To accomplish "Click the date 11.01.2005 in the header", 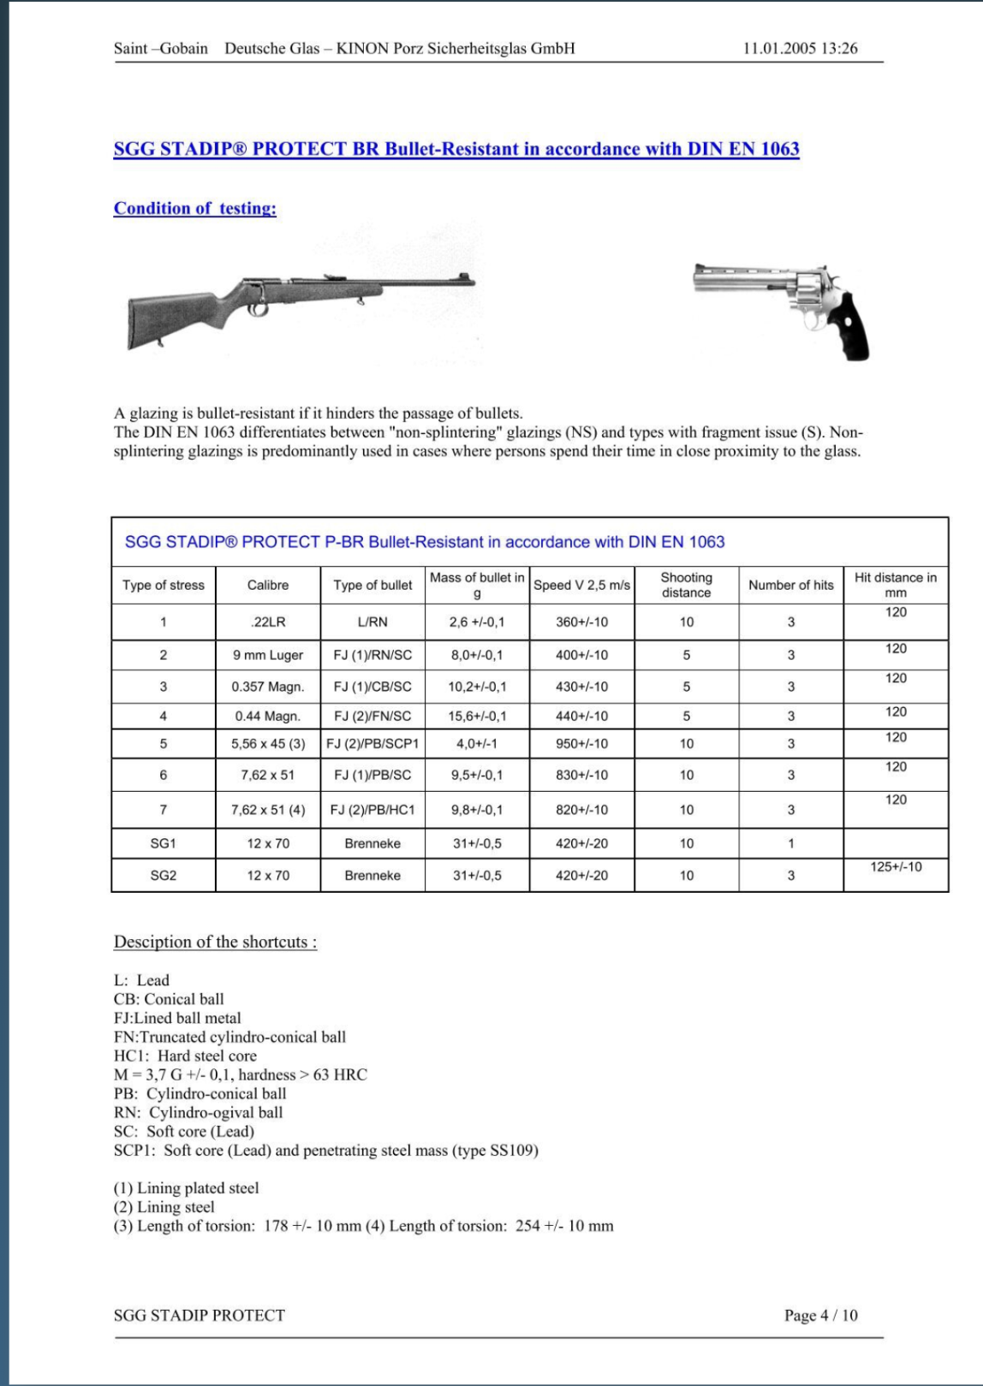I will [779, 49].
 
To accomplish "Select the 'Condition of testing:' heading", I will [195, 209].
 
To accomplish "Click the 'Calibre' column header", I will [268, 586].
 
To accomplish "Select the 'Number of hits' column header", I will [790, 586].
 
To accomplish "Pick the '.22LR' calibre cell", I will [268, 622].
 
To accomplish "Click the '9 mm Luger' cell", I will [268, 656].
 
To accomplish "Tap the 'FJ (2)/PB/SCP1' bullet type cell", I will [372, 744].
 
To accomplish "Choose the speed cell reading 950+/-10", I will [581, 744].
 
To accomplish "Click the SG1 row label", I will [163, 844].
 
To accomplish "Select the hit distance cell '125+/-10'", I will [896, 867].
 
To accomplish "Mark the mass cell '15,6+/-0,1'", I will [477, 717].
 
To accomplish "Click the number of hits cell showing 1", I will [790, 844].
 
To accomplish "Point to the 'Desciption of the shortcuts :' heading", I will [215, 943].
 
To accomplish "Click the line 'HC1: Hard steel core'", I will [185, 1056].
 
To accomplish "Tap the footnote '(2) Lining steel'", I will [164, 1207].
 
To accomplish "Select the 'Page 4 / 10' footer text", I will [820, 1316].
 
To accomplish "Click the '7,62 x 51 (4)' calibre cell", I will [268, 810].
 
